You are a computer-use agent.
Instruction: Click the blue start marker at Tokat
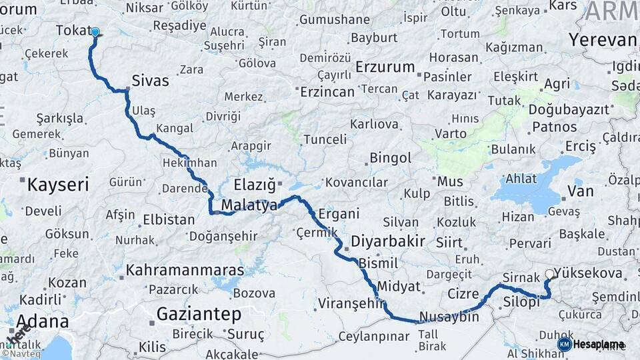click(95, 32)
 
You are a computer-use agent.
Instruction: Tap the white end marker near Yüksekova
click(549, 274)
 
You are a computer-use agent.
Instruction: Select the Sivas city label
click(150, 81)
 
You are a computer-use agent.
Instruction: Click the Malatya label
click(250, 205)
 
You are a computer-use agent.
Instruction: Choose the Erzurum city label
click(385, 67)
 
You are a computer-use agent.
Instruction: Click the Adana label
click(42, 322)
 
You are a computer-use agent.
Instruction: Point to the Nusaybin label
click(449, 317)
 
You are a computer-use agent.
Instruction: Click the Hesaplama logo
click(591, 344)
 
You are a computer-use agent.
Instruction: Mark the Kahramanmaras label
click(185, 270)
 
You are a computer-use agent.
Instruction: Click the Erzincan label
click(327, 92)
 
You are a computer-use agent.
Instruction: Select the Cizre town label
click(463, 293)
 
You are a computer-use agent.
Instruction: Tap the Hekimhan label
click(189, 163)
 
